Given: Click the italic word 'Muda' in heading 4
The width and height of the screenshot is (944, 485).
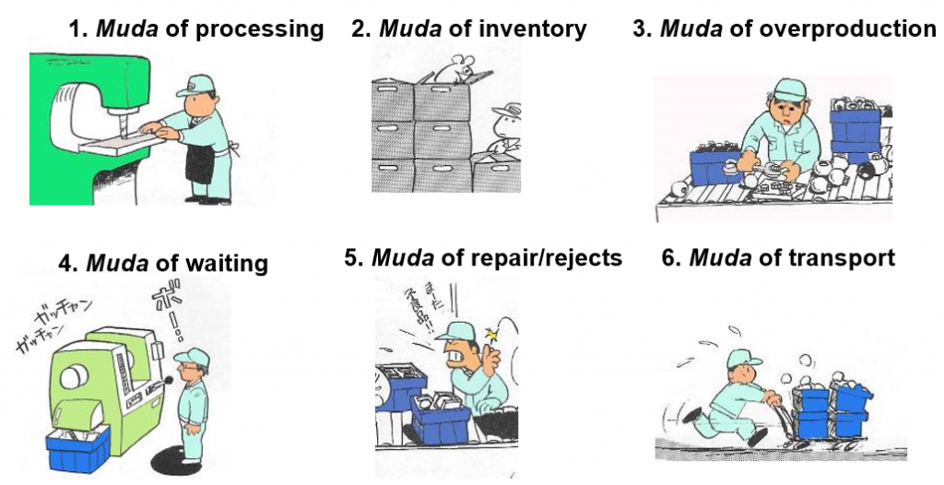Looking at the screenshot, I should click(x=117, y=264).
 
